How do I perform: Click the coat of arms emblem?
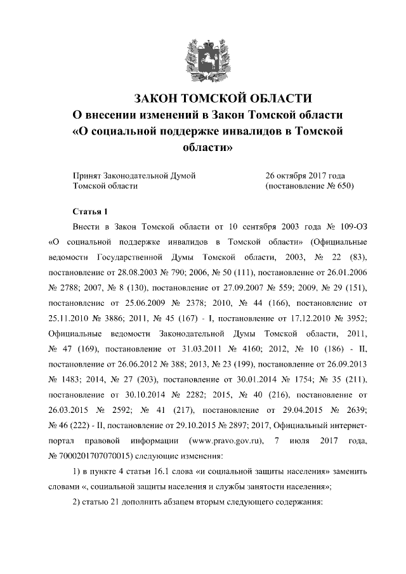[202, 58]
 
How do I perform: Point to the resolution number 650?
[344, 186]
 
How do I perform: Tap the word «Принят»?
[88, 174]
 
